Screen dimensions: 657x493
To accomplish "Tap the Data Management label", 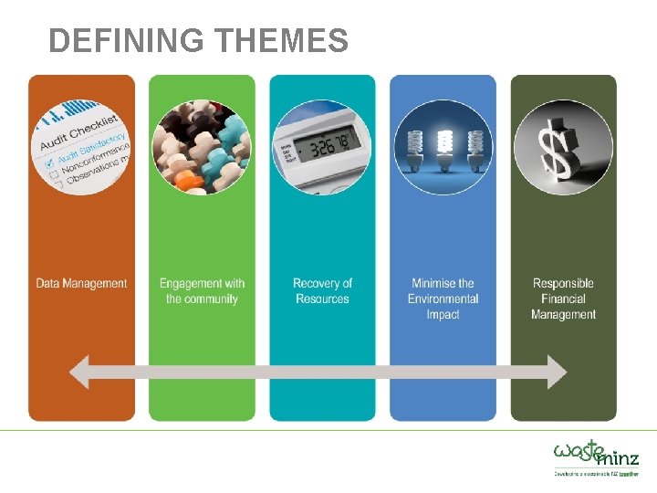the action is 81,283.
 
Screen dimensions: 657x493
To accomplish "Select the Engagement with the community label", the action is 202,291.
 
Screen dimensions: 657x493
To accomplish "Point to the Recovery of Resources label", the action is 322,291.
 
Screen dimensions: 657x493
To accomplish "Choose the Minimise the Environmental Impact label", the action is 443,299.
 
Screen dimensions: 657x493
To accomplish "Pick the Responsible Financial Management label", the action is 563,299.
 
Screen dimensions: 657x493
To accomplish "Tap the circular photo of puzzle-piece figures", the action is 201,147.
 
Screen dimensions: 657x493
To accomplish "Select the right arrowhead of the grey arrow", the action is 555,372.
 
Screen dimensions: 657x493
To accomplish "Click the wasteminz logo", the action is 596,453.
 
